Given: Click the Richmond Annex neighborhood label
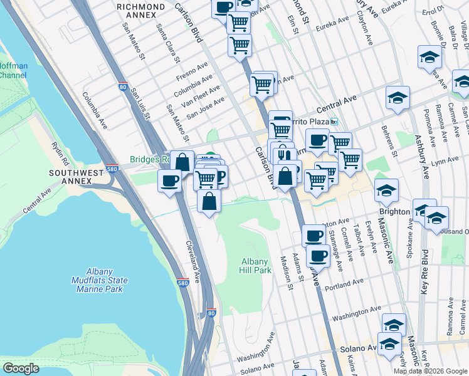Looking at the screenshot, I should pos(141,11).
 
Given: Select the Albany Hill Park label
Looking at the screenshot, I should pos(255,266).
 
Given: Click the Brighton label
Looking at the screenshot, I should pos(395,211).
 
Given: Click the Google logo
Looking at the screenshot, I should pos(21,368).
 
